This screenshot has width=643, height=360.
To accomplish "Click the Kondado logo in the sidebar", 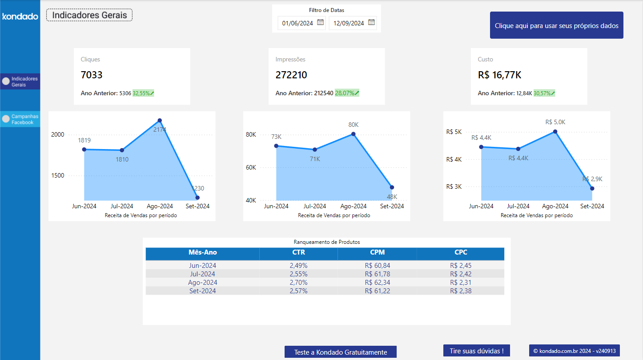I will pyautogui.click(x=20, y=16).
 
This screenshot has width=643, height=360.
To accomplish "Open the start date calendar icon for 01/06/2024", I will pyautogui.click(x=321, y=23).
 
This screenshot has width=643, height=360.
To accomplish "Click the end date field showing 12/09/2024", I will pyautogui.click(x=349, y=23).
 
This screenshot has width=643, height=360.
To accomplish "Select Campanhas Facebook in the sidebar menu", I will pyautogui.click(x=22, y=119).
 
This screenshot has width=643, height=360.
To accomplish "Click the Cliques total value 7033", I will pyautogui.click(x=92, y=75).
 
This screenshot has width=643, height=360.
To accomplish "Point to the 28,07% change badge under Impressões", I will pyautogui.click(x=347, y=93).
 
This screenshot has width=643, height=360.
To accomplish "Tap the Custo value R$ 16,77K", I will pyautogui.click(x=499, y=75).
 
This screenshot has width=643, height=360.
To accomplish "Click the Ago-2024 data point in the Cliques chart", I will pyautogui.click(x=160, y=121).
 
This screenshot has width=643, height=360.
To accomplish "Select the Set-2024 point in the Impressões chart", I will pyautogui.click(x=392, y=187).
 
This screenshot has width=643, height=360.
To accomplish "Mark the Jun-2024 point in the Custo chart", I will pyautogui.click(x=481, y=147).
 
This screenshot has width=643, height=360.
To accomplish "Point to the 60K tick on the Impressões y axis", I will pyautogui.click(x=251, y=167).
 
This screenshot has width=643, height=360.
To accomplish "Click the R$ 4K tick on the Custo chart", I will pyautogui.click(x=454, y=159).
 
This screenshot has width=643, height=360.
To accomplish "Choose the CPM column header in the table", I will pyautogui.click(x=377, y=252).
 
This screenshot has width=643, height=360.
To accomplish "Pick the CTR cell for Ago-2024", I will pyautogui.click(x=298, y=283).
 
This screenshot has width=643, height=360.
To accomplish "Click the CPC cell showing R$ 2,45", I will pyautogui.click(x=461, y=266).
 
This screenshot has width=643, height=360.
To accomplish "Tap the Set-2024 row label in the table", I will pyautogui.click(x=202, y=291).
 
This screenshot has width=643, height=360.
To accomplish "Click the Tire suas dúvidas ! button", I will pyautogui.click(x=476, y=351).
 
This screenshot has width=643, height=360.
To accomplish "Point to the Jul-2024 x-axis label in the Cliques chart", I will pyautogui.click(x=121, y=206).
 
